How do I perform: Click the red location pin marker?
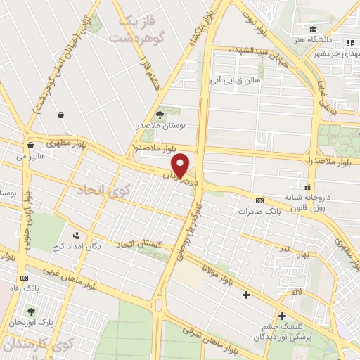tap(181, 165)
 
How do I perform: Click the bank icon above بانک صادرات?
tap(259, 200)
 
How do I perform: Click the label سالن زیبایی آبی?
tap(231, 81)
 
